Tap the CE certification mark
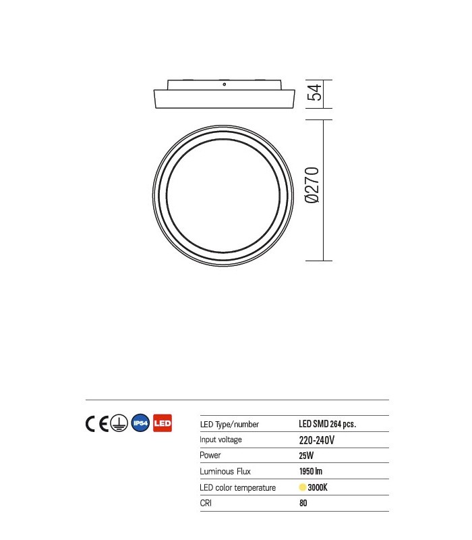(97, 423)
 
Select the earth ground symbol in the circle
(119, 423)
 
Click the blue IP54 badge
(141, 423)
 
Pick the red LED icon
(163, 423)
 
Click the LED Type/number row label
(229, 425)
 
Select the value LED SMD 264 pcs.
(327, 425)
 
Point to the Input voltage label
(220, 440)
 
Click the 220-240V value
(317, 440)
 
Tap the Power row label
(210, 456)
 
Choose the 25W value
(306, 456)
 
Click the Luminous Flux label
(225, 471)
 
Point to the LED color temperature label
(238, 487)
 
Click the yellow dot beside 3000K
(302, 487)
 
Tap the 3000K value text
(317, 487)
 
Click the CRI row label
(206, 503)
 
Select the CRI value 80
(303, 503)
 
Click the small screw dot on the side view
(224, 86)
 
